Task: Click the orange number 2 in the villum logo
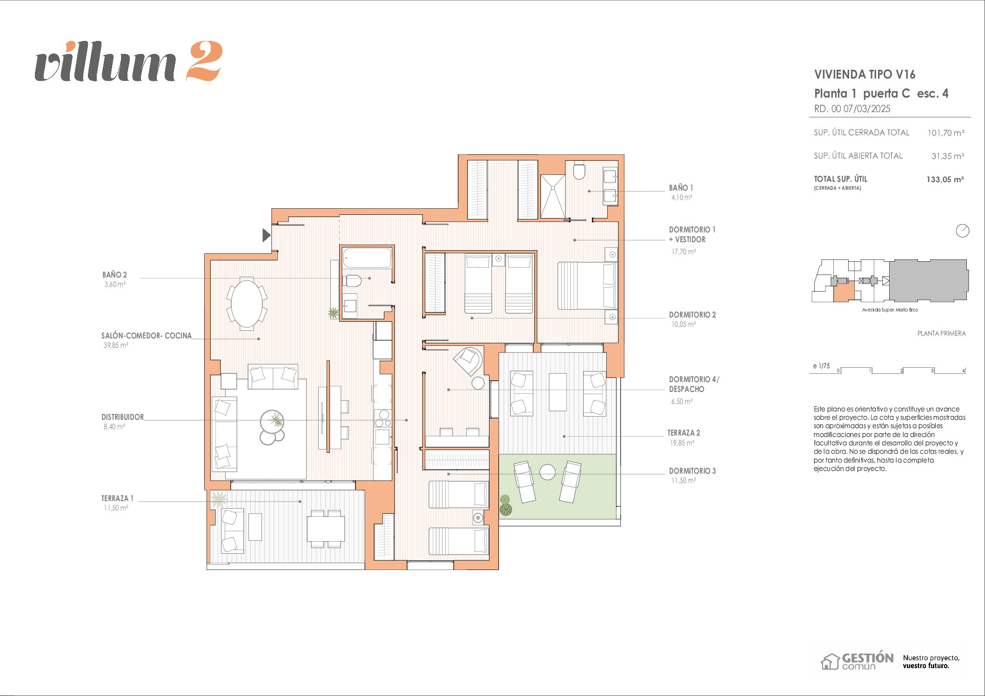[204, 61]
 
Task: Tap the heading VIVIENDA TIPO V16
[864, 74]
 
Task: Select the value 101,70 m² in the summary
[946, 133]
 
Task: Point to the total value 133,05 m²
[945, 179]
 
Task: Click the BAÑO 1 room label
[681, 188]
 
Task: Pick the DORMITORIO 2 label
[692, 315]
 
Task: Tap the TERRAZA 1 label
[117, 498]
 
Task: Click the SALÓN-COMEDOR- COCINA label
[147, 336]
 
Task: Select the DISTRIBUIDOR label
[122, 417]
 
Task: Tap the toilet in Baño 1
[579, 171]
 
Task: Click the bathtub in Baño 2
[367, 258]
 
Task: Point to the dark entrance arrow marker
[266, 235]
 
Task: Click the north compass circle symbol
[962, 231]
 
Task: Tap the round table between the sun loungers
[548, 472]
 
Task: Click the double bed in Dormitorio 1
[587, 286]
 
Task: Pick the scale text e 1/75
[821, 366]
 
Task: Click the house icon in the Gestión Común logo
[830, 662]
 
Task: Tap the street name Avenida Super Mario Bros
[890, 310]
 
